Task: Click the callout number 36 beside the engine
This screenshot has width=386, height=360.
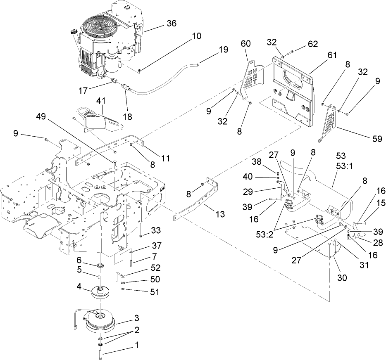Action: click(x=171, y=24)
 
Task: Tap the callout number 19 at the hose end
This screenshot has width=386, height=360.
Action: click(x=223, y=50)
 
